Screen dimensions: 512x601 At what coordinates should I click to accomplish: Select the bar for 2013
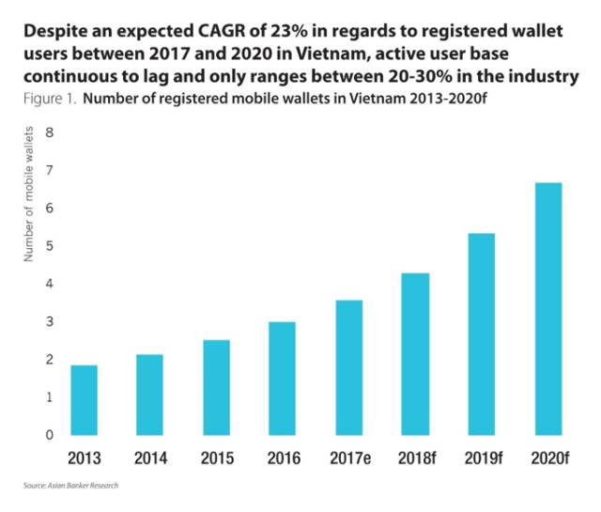point(84,400)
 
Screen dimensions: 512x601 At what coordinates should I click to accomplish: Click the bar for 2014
point(149,395)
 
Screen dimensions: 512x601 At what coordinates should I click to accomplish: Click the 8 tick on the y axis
point(50,132)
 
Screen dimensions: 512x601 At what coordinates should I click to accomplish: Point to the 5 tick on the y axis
point(50,246)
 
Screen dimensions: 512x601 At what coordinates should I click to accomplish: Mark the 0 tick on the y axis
point(50,435)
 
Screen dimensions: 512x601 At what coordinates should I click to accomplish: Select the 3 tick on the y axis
point(50,322)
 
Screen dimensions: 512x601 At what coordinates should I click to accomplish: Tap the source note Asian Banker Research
point(71,487)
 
